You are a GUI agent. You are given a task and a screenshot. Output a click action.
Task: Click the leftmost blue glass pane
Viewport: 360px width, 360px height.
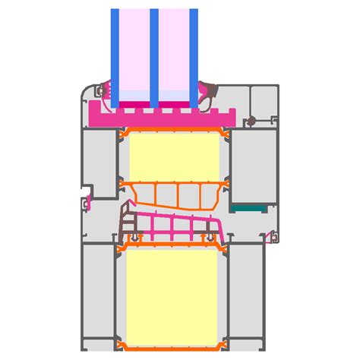point(115,53)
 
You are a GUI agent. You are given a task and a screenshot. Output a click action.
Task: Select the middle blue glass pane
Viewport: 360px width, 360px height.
point(154,53)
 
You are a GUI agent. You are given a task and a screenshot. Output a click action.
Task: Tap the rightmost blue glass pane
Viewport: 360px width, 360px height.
point(194,53)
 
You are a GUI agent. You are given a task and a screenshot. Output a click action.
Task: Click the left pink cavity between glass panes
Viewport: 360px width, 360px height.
point(134,53)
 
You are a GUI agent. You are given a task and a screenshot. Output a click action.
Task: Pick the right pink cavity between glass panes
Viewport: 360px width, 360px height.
point(174,53)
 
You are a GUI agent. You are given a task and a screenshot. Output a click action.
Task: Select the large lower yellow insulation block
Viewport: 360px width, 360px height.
point(174,296)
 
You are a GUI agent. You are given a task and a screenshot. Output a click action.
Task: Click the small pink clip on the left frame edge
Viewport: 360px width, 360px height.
point(89,202)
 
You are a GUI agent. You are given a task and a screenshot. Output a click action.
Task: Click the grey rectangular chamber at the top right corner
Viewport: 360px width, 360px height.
point(266,98)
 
